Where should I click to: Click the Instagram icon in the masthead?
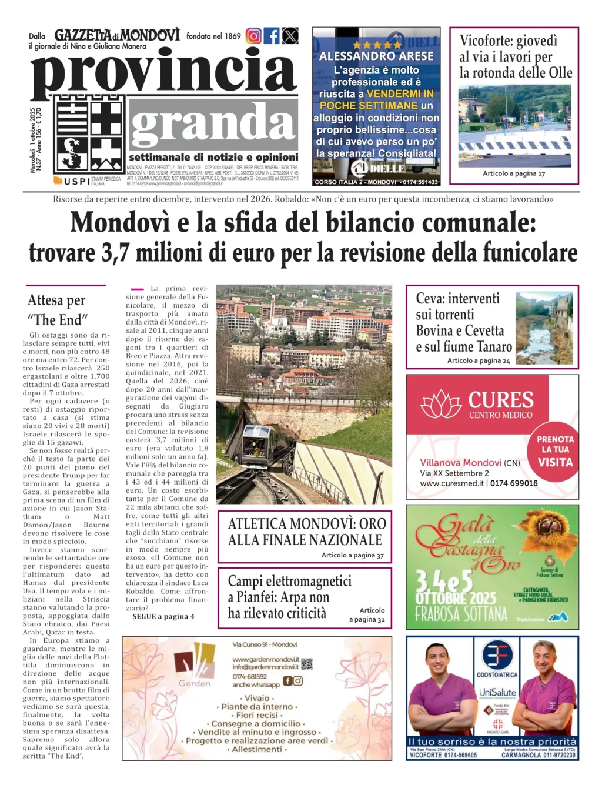[253, 36]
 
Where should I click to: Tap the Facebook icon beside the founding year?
[272, 36]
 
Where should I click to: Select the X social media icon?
[290, 36]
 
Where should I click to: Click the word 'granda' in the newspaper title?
[212, 124]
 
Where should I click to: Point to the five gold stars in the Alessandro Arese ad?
[376, 45]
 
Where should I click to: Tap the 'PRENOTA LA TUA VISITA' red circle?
[555, 451]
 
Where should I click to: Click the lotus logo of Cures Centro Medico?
[441, 405]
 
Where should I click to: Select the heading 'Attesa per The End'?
[58, 310]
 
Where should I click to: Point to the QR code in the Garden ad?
[307, 664]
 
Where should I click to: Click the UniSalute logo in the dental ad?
[497, 692]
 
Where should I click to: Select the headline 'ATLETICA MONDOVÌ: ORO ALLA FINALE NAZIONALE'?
[307, 532]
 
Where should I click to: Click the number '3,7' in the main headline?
[115, 253]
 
